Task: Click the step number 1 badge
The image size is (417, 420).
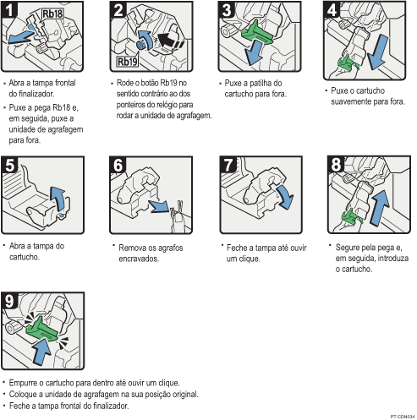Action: [10, 11]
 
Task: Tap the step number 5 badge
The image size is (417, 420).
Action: [10, 165]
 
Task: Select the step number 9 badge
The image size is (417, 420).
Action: [10, 299]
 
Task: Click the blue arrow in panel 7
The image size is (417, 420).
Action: [286, 200]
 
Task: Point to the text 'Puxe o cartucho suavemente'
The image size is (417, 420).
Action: [368, 94]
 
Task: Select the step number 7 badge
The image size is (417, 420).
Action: [226, 165]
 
